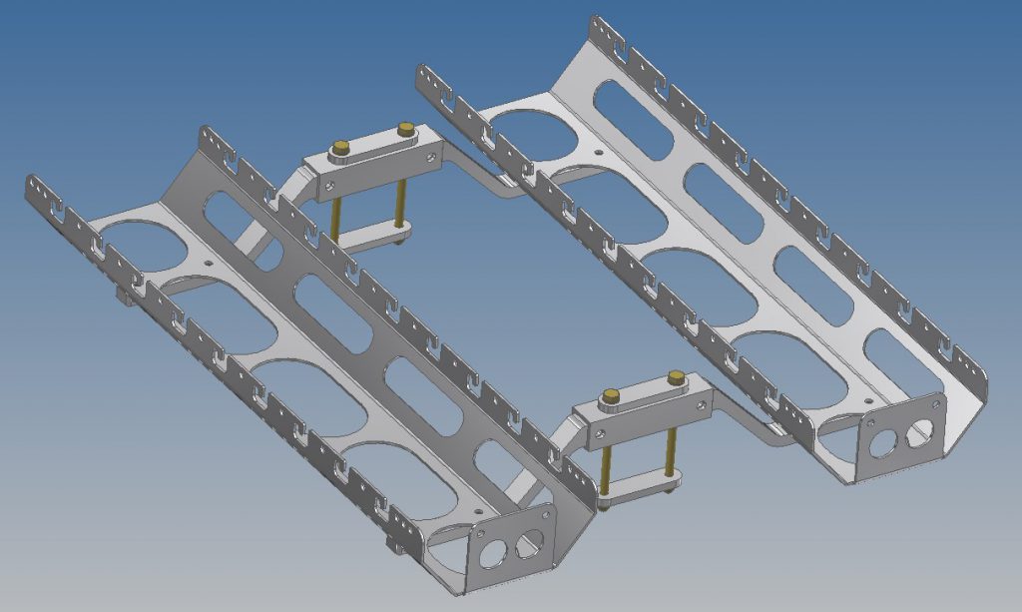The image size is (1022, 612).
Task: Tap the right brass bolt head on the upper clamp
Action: coord(405,129)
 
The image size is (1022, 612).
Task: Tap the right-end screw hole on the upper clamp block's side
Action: coord(436,152)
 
